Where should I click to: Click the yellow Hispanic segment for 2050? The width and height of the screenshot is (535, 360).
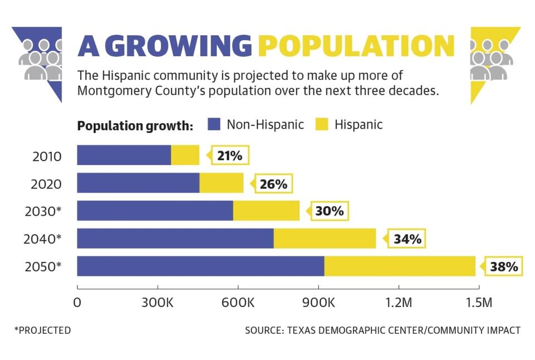400,266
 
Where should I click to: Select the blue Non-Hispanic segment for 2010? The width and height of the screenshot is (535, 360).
124,155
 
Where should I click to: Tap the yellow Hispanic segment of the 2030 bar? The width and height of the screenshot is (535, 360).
266,211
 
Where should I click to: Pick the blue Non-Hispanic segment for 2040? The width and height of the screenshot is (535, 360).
175,239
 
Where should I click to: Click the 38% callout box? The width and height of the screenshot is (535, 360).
504,267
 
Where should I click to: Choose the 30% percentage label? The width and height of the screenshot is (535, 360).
329,211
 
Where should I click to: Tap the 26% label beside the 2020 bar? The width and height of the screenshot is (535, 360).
273,183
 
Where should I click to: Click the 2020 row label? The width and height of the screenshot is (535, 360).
47,183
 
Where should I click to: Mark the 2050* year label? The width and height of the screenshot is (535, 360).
43,267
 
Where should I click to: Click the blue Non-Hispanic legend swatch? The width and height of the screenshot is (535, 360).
215,124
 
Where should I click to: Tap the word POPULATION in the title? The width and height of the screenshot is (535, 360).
357,46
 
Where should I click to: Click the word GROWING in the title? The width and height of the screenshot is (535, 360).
178,46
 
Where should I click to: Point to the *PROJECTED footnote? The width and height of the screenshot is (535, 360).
43,330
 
